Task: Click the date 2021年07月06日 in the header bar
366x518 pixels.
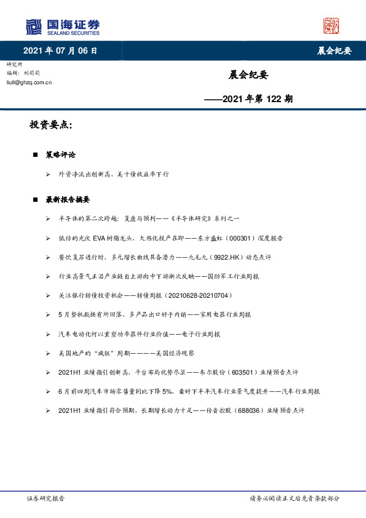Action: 60,51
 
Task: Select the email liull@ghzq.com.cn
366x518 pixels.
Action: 29,81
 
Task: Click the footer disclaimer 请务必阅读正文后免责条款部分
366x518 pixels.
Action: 294,499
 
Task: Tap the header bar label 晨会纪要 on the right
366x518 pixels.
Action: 334,51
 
